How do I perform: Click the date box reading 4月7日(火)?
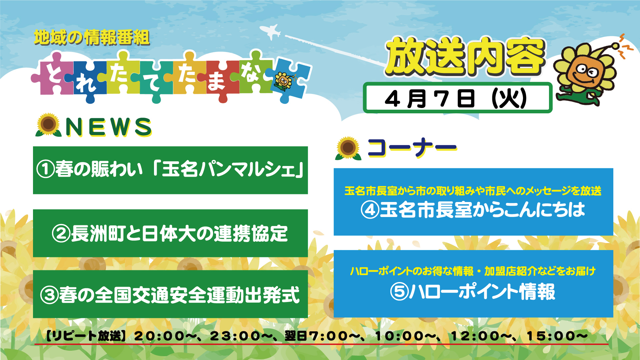(x=457, y=98)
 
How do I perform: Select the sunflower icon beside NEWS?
(x=48, y=125)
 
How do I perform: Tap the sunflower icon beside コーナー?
(x=348, y=148)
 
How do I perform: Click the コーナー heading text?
(x=412, y=147)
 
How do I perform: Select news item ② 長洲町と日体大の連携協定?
(x=170, y=233)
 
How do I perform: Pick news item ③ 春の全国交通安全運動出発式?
(x=170, y=294)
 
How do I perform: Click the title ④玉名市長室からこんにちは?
(x=473, y=210)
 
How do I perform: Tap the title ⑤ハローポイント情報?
(x=473, y=291)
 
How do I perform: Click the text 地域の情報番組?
(x=92, y=37)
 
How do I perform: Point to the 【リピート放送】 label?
(x=86, y=336)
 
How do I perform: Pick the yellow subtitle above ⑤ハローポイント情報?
(x=473, y=271)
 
